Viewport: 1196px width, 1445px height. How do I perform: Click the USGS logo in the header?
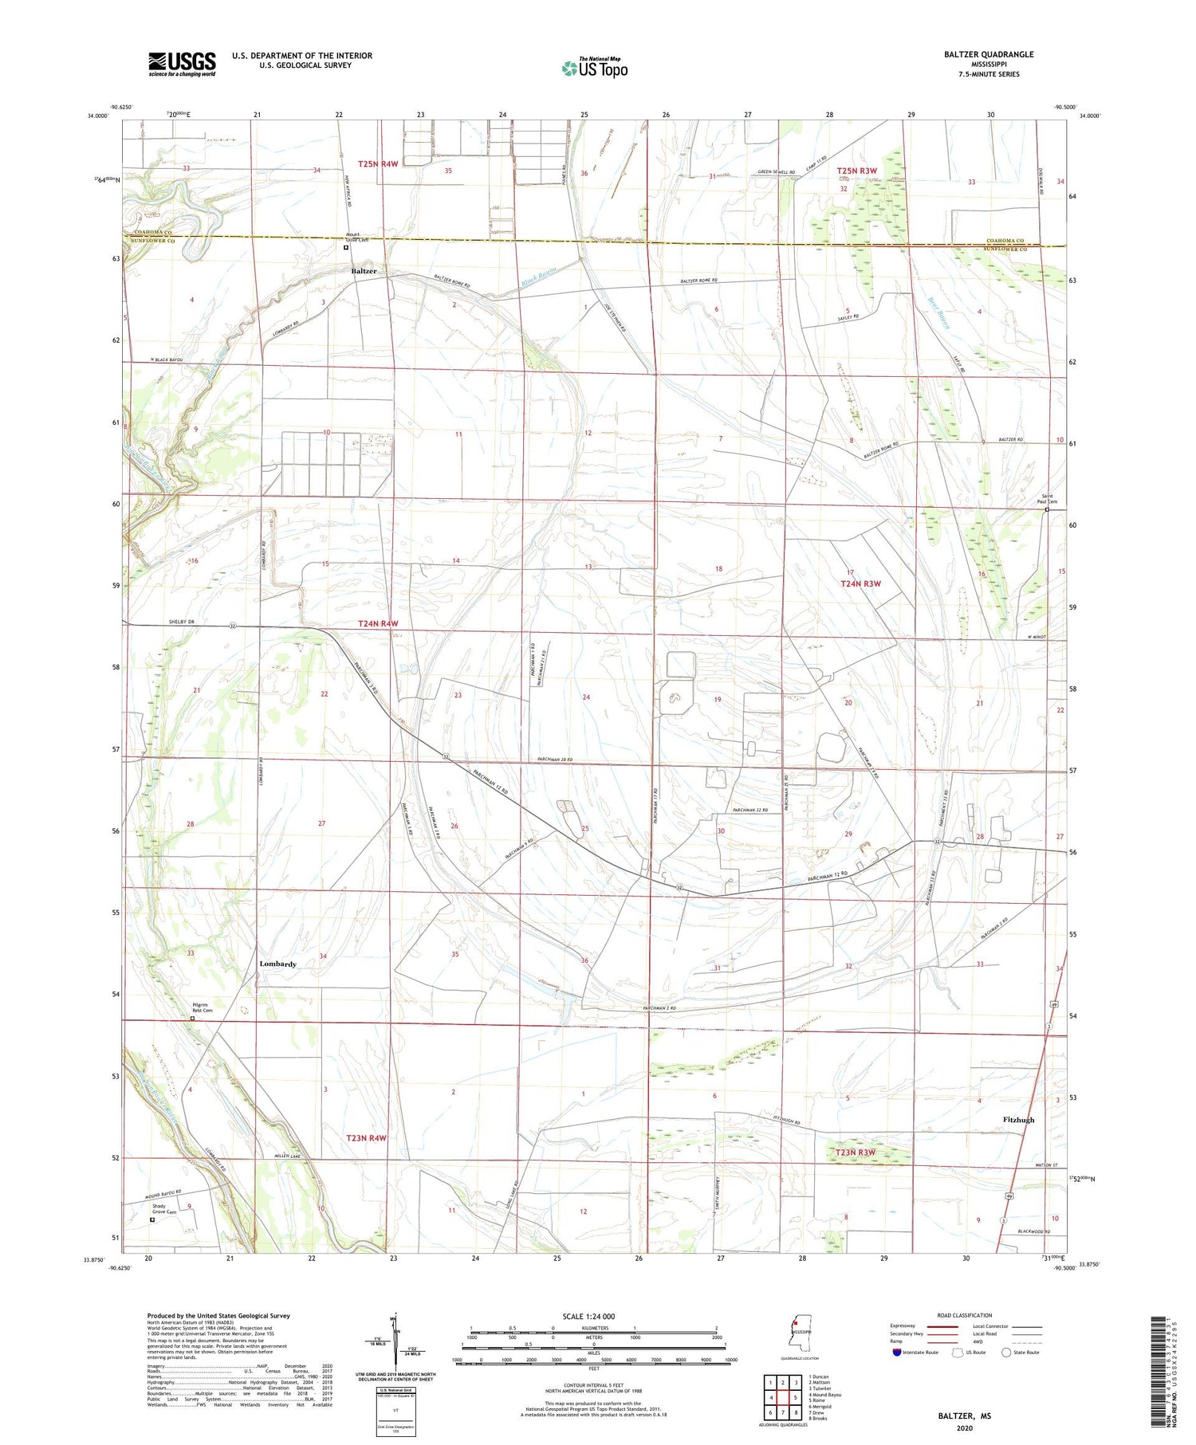tap(182, 63)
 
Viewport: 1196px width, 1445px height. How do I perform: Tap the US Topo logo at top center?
tap(594, 68)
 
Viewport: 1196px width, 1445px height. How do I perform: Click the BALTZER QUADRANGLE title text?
tap(989, 54)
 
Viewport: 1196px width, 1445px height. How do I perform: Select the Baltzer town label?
tap(364, 271)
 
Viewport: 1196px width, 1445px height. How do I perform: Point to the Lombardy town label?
tap(277, 964)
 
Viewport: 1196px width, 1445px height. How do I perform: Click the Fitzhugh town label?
tap(1018, 1119)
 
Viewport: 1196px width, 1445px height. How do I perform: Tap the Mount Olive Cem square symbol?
tap(345, 247)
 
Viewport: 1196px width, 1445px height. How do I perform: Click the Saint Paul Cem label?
tap(1047, 499)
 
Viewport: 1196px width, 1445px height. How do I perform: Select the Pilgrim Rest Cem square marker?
tap(192, 1018)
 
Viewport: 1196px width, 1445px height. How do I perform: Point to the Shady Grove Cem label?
tap(163, 1209)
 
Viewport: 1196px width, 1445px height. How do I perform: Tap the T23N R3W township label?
tap(855, 1152)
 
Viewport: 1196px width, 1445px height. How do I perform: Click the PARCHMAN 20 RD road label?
tap(556, 759)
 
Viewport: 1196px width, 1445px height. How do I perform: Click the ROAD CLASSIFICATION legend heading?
tap(965, 1315)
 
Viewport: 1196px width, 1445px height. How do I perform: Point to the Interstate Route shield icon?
tap(897, 1352)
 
